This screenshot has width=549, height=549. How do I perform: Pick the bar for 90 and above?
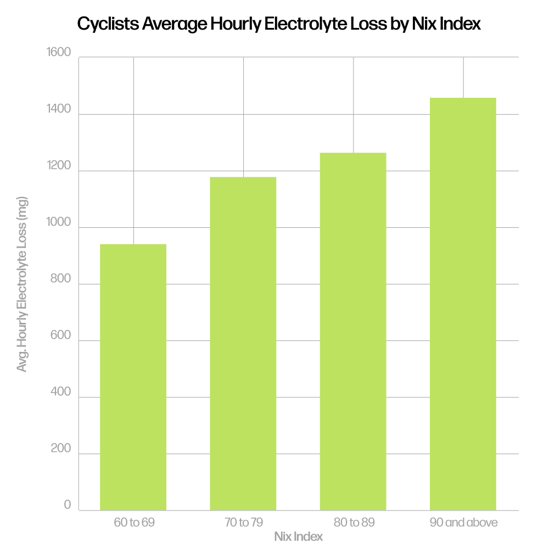(x=463, y=304)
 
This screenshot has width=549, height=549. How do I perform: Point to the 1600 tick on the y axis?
(x=59, y=53)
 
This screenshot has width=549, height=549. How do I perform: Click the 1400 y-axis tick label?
(x=59, y=109)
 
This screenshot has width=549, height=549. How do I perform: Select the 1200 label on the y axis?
(x=59, y=166)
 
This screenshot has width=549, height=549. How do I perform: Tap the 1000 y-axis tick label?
(x=59, y=222)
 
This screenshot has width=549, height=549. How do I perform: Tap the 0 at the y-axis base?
(x=68, y=505)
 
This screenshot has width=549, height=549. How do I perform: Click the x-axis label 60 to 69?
(x=134, y=522)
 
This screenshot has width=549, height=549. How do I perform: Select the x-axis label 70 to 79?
(x=244, y=522)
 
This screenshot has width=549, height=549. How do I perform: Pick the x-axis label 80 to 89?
(x=354, y=522)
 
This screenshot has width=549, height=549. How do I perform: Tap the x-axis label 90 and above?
(x=463, y=522)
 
